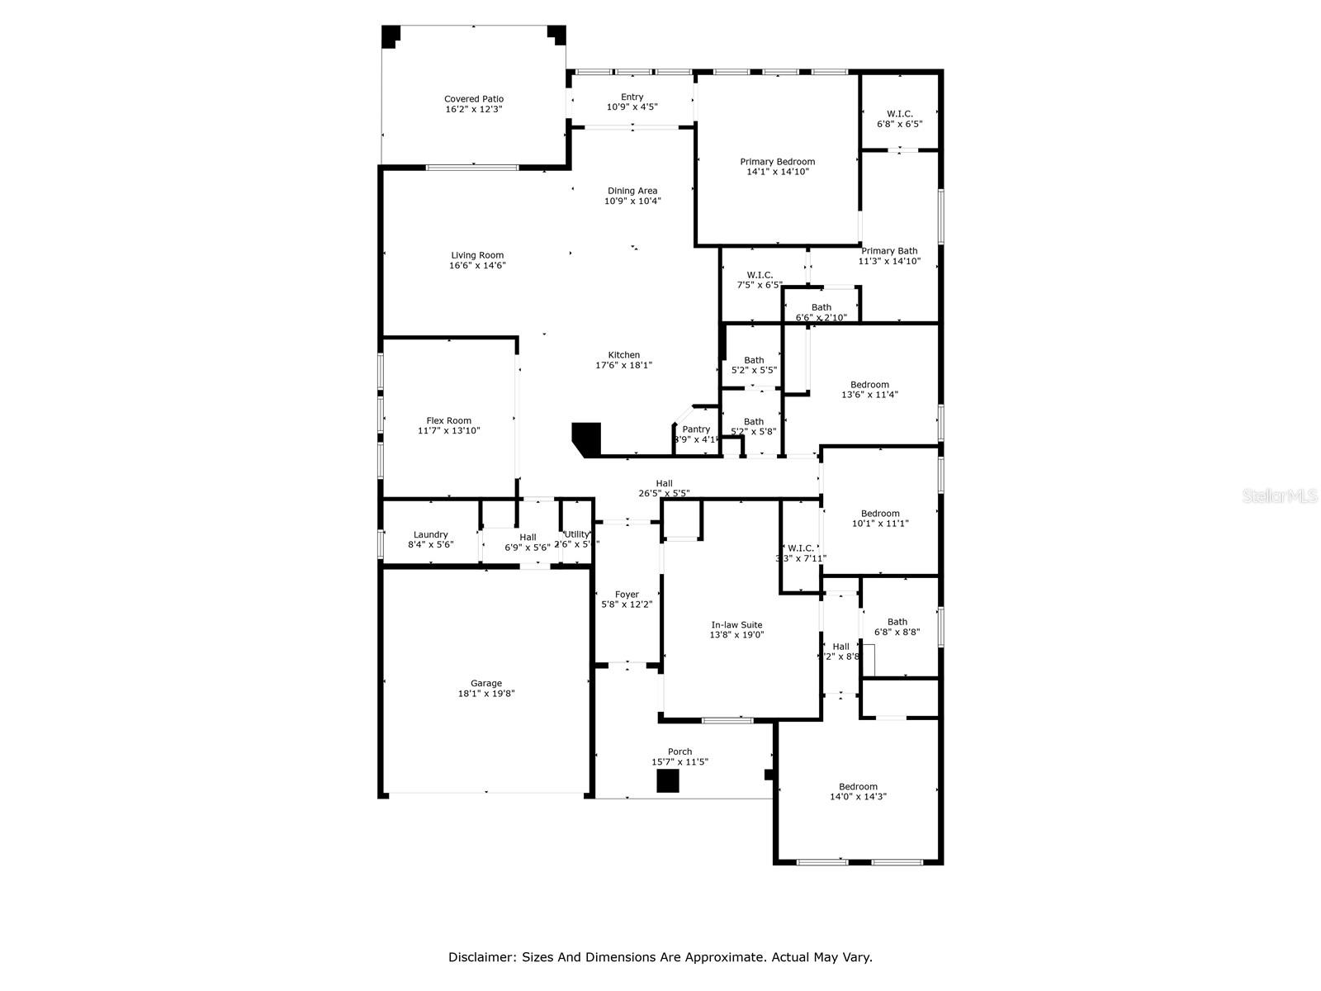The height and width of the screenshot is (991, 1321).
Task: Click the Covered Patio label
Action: pos(474,99)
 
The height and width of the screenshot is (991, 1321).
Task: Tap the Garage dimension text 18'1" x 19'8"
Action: pos(486,695)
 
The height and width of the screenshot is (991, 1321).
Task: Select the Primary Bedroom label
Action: pos(777,162)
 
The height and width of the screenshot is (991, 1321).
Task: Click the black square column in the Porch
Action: pos(667,781)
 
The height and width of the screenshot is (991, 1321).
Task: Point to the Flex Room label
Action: pos(448,420)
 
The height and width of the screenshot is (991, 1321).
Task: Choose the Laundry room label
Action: pos(430,534)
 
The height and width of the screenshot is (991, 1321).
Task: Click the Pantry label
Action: pos(696,429)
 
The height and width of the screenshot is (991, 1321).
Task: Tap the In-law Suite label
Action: pos(736,625)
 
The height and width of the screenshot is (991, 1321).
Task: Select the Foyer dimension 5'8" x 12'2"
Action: pos(627,605)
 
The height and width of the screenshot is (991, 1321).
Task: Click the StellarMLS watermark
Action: pos(1280,495)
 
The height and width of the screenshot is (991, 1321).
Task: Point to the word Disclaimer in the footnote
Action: pos(480,957)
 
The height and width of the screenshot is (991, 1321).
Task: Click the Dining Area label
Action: pos(632,191)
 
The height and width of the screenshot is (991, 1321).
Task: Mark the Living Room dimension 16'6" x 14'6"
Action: pos(477,266)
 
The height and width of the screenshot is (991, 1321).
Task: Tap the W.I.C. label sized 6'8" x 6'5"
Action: pos(899,114)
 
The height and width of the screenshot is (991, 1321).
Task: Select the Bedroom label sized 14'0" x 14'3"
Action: pos(858,786)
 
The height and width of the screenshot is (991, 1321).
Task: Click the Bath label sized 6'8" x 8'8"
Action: pos(897,622)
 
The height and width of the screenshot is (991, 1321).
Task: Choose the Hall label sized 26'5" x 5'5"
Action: pos(664,483)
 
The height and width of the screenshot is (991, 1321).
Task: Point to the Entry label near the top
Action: pos(632,97)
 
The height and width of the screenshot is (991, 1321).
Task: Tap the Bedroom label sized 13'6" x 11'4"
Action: pos(869,384)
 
